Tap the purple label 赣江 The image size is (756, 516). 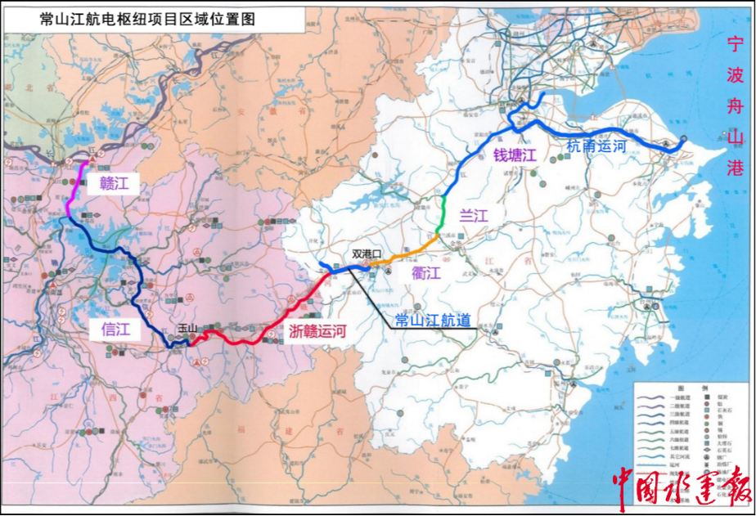tap(114, 183)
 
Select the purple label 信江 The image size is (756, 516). tap(115, 329)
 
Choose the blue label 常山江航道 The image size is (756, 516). tap(432, 320)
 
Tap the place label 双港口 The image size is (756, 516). tap(367, 254)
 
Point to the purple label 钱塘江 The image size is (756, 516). tap(513, 155)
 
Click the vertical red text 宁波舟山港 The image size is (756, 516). tap(736, 106)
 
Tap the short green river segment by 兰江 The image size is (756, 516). tap(443, 214)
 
